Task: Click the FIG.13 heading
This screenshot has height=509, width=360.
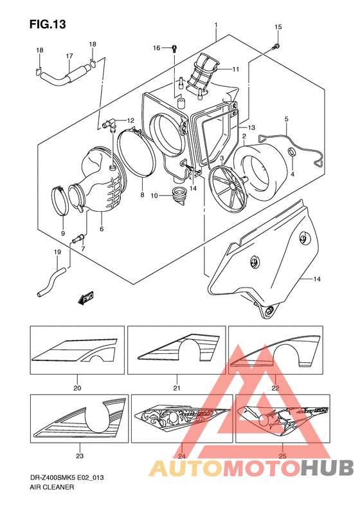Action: point(48,24)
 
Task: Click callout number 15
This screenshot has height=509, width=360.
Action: point(278,27)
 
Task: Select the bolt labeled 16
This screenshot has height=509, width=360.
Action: point(174,49)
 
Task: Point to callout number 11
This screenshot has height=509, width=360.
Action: point(235,69)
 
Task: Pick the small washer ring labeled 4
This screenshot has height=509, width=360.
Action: point(292,152)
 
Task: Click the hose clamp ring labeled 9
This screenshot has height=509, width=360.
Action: point(60,201)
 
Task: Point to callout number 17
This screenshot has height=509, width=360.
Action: point(69,56)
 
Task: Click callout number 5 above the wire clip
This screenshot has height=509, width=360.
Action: point(286,119)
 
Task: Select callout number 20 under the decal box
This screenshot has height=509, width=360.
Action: point(77,387)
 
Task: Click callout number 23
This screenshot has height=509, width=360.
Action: point(80,456)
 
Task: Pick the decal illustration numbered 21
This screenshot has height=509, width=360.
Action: point(177,350)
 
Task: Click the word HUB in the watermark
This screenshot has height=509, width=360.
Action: point(327,468)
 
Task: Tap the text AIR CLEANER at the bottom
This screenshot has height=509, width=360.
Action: point(52,487)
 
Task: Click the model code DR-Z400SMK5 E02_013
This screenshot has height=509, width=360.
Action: point(67,478)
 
